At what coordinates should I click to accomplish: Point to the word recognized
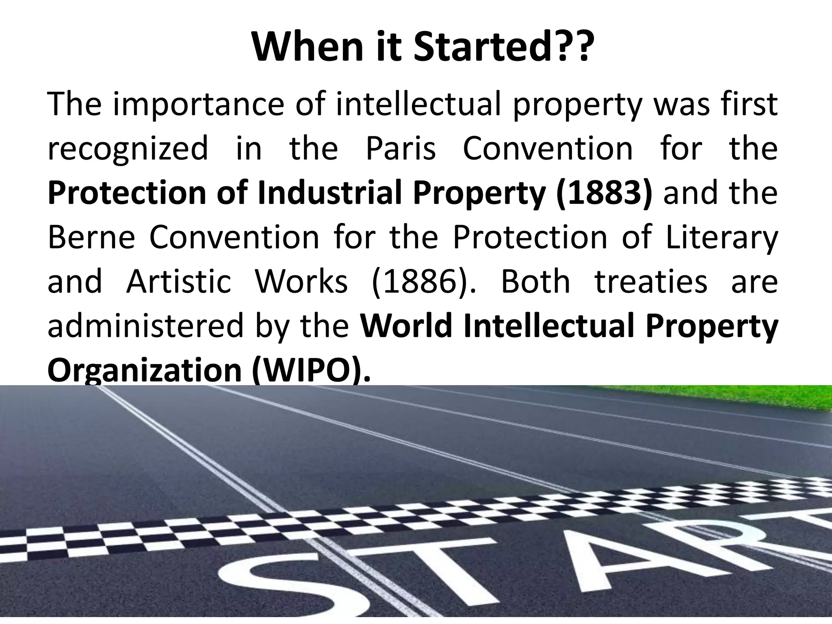tap(128, 149)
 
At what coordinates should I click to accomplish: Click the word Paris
tap(401, 149)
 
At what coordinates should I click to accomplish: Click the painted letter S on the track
tap(260, 585)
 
